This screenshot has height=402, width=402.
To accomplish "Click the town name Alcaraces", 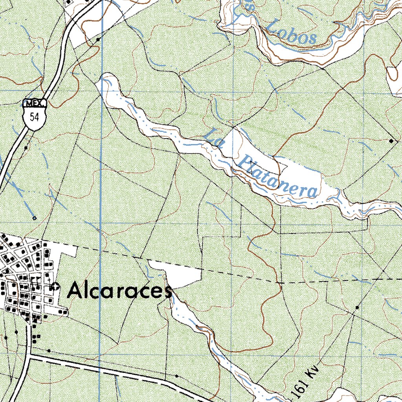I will point(120,291).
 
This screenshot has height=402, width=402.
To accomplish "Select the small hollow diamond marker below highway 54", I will point(35,218).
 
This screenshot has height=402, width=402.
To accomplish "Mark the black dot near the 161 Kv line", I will point(357,307).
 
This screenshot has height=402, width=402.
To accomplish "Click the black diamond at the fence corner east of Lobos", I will point(391,140).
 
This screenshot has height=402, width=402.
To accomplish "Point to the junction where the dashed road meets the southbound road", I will point(30,356).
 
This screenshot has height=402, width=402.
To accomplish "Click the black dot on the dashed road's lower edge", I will point(176,376).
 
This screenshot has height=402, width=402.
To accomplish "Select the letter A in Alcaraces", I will point(75,291).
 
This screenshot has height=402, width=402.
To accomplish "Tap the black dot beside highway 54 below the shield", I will point(26,148).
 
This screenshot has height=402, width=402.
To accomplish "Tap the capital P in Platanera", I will point(245,161).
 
